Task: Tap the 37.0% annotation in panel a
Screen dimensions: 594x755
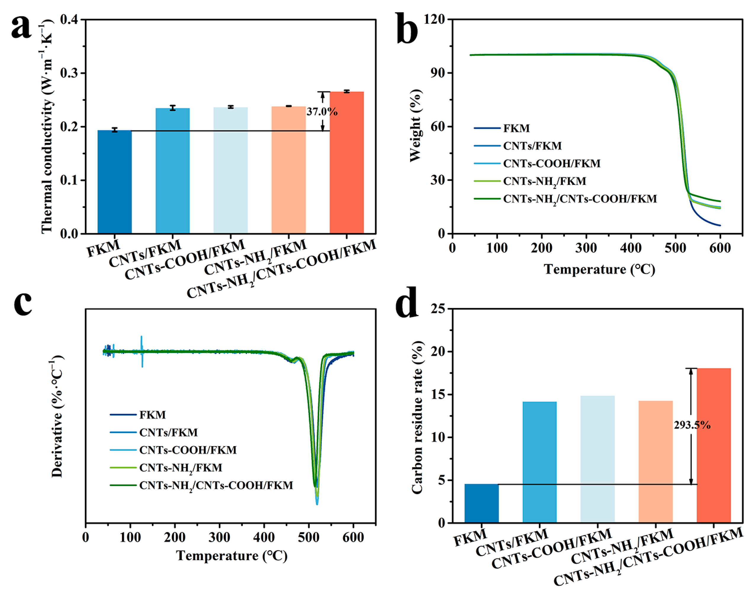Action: point(322,112)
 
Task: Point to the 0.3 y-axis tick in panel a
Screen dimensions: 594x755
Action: point(68,73)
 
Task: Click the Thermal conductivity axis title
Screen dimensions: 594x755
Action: point(46,127)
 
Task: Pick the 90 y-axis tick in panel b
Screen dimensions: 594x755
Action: point(438,73)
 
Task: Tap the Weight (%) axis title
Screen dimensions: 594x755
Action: point(415,125)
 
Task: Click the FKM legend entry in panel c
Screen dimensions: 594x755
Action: point(152,415)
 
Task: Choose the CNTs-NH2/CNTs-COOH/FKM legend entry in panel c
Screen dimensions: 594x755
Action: point(216,486)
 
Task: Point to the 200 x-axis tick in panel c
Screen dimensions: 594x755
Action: point(175,537)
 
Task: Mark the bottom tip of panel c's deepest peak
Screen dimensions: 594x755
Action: point(317,504)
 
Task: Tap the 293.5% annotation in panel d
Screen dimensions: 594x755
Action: point(692,425)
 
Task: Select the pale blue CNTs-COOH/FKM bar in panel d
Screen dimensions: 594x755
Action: point(597,459)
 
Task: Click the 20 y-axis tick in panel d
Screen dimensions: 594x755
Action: point(439,352)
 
